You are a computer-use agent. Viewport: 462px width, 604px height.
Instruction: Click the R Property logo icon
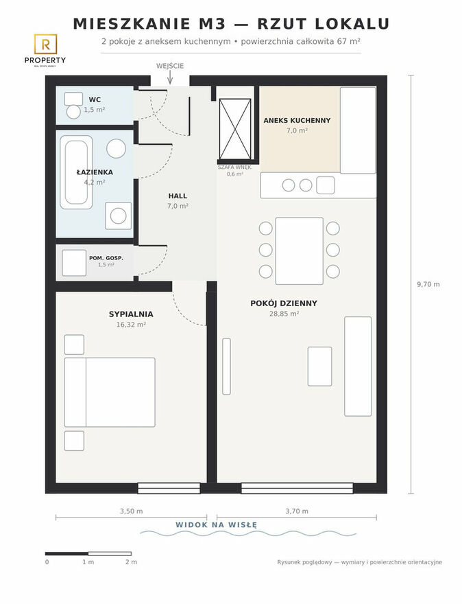pos(45,44)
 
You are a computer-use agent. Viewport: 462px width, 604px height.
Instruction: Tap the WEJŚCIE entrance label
pos(170,66)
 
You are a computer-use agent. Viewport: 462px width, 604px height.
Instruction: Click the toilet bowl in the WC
pos(73,112)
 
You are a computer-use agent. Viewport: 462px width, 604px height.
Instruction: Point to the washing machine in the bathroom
pos(119,216)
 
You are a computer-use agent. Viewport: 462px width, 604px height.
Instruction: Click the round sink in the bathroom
pos(116,148)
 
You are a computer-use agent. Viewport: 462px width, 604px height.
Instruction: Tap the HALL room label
pos(178,196)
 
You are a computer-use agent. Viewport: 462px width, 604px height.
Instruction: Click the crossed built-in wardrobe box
pos(234,129)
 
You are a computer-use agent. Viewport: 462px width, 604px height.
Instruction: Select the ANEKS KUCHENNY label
pos(297,121)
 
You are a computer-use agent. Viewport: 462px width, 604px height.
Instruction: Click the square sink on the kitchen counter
pos(326,185)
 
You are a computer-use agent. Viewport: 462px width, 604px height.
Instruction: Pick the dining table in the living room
pos(300,251)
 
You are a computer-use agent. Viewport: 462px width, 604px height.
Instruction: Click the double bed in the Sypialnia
pos(110,392)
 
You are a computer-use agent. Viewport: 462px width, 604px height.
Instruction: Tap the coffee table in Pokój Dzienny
pos(319,367)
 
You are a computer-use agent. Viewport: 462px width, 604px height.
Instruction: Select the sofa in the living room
pos(358,367)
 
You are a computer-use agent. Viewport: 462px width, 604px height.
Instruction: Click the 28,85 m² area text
pos(284,314)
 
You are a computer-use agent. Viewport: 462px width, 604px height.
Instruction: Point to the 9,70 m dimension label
pos(428,285)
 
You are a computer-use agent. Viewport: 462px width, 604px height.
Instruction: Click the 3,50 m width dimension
pos(131,511)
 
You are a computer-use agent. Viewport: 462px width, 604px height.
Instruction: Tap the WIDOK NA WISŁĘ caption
pos(216,524)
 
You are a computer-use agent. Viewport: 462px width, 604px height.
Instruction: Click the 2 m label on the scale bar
pos(131,562)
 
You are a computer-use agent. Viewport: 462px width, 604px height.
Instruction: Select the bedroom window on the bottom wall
pos(169,489)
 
